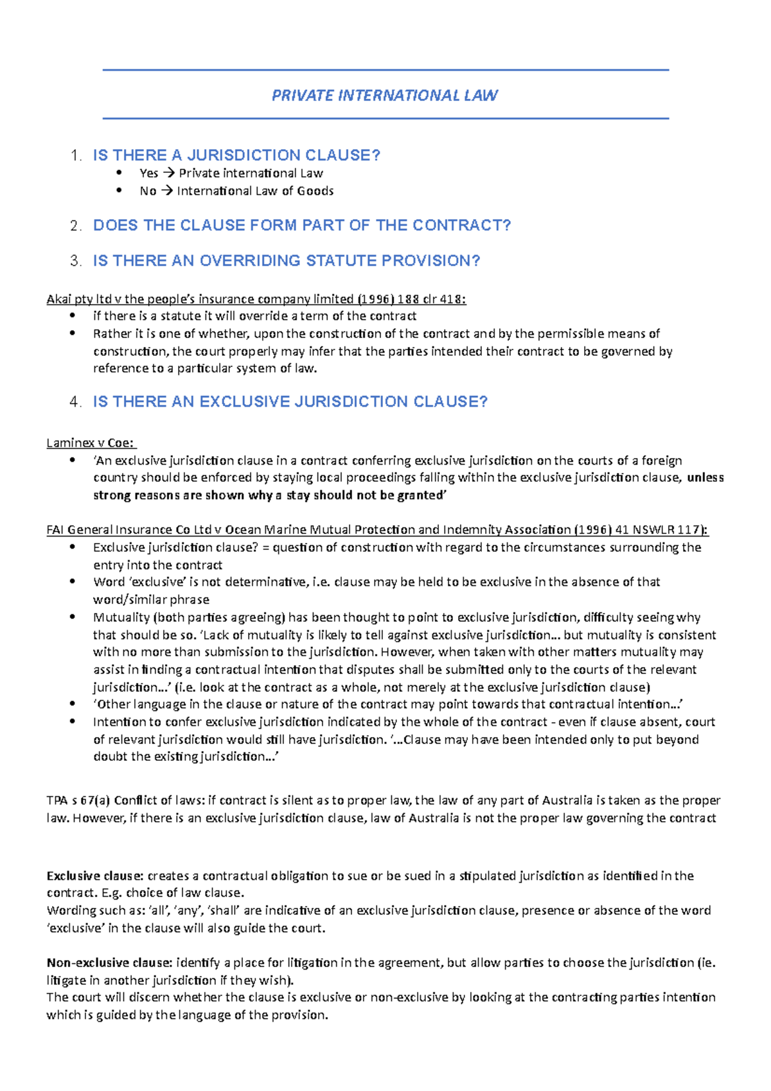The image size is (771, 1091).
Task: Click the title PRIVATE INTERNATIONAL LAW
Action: point(385,96)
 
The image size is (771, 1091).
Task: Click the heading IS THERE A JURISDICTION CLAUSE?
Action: point(236,155)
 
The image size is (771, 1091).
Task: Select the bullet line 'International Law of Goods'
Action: point(255,191)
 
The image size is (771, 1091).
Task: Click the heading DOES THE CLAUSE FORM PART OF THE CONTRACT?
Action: point(302,226)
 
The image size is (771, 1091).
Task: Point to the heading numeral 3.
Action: point(76,261)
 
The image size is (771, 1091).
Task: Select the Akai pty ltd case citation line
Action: point(256,299)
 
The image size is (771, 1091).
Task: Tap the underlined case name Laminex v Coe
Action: point(91,443)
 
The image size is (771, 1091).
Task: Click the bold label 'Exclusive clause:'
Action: point(95,876)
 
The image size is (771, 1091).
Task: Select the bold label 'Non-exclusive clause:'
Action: point(109,963)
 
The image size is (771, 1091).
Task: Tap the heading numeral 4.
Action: point(76,402)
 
